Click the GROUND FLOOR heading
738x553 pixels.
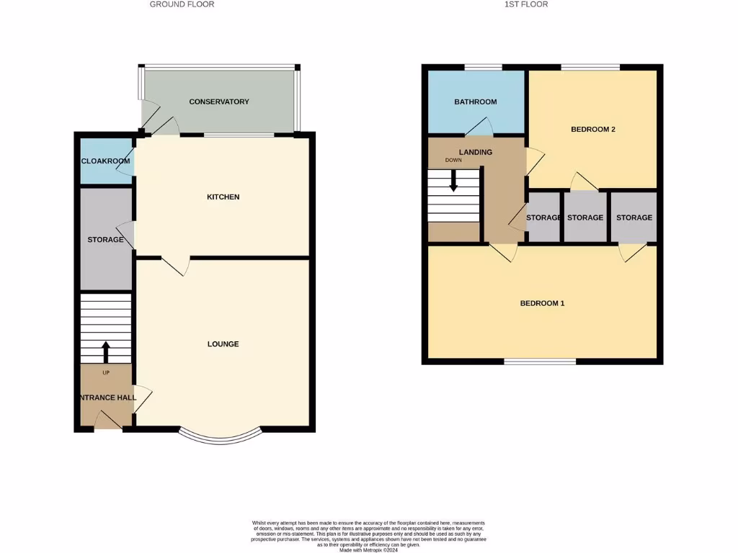pos(182,4)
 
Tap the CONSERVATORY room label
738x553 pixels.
pos(219,102)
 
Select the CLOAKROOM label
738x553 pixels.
pos(105,161)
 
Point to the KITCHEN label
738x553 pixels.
pos(223,197)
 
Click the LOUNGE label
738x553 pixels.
pos(223,344)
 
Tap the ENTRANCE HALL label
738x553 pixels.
pos(107,397)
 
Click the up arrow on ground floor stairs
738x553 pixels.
pos(106,352)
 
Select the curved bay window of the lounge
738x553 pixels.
pos(220,438)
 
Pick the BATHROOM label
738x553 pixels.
pos(476,102)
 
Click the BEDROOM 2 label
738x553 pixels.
pos(592,130)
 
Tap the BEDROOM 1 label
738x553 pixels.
pos(542,304)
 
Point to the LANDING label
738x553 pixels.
pos(476,152)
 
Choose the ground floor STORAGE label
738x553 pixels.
pos(105,240)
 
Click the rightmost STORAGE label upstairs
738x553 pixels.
pos(633,217)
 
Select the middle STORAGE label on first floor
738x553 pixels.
pos(585,217)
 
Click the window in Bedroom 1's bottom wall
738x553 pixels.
pos(540,361)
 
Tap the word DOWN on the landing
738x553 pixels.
pos(453,161)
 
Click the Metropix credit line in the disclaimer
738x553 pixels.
pos(368,549)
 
